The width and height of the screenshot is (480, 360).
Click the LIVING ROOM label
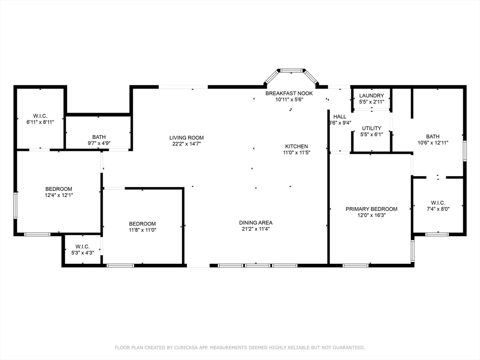(187, 138)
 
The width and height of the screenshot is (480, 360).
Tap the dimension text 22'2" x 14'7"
(187, 144)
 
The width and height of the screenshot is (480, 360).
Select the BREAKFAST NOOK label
(289, 93)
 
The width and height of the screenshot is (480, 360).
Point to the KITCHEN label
(297, 146)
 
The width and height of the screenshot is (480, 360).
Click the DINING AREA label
(255, 223)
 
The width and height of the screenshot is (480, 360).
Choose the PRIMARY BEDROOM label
(371, 209)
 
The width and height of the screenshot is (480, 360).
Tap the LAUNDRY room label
(371, 96)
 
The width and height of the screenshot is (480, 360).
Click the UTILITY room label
(371, 128)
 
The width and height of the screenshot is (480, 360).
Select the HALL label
(340, 117)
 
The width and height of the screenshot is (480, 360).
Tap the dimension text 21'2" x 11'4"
(255, 229)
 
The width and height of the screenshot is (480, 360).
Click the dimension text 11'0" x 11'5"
(297, 152)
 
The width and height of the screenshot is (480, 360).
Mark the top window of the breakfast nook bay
(292, 71)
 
